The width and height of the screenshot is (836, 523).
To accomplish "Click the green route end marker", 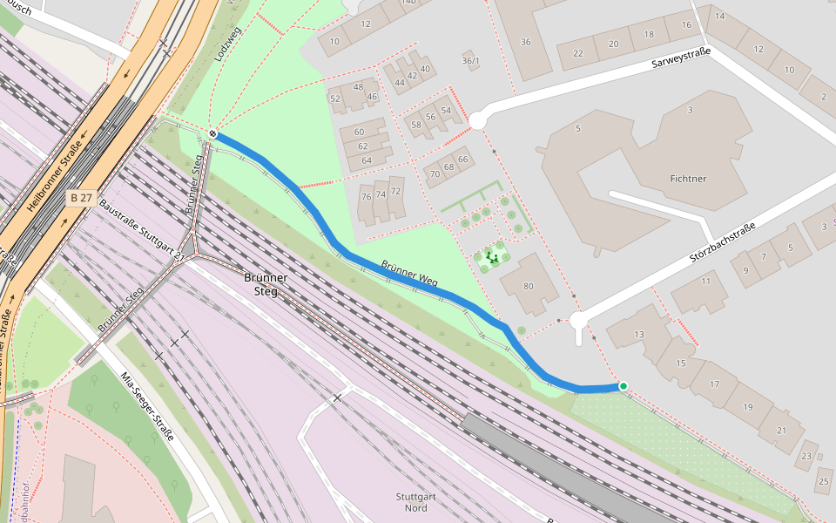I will click(x=624, y=385).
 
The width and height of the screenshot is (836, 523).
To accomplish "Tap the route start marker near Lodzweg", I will click(x=212, y=133).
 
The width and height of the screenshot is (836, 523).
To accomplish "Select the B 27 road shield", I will click(x=81, y=199).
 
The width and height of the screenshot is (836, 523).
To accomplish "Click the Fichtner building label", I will click(x=688, y=179).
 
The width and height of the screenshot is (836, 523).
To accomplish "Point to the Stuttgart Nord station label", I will click(x=411, y=502).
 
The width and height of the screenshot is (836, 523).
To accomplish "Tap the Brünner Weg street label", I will click(x=409, y=274).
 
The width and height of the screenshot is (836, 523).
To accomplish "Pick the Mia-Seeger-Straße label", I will click(x=147, y=406).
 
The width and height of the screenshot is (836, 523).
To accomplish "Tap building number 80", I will click(x=528, y=286).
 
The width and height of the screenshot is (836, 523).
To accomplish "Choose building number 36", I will click(x=525, y=42).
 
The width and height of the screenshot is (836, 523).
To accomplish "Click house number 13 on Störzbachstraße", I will click(x=639, y=335).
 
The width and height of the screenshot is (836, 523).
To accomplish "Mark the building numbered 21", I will click(x=781, y=430).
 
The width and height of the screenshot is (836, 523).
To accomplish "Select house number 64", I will click(x=366, y=160).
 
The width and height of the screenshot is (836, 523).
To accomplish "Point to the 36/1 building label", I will click(x=470, y=61).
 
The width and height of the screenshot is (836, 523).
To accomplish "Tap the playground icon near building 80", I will click(x=493, y=257).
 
